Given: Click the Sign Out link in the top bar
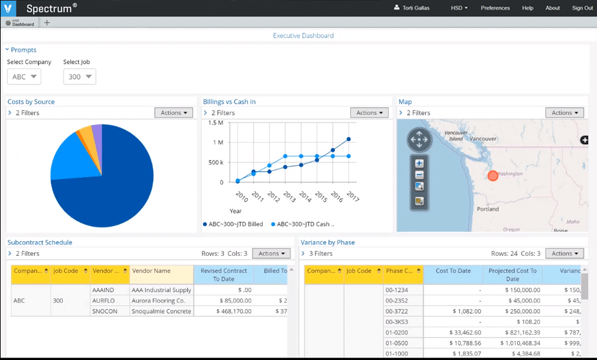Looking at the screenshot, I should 582,8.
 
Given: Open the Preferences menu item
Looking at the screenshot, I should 495,8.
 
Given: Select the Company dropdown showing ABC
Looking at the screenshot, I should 24,77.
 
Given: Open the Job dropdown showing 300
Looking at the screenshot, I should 79,77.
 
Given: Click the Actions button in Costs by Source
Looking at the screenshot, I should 173,113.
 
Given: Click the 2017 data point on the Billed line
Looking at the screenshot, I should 348,139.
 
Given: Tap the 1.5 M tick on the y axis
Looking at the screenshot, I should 216,123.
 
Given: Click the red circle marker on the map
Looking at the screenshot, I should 493,175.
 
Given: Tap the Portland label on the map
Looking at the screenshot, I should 487,209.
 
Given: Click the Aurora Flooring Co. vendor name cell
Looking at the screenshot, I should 158,300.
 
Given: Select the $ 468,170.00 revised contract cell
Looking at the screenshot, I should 223,311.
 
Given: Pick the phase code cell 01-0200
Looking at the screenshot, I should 397,331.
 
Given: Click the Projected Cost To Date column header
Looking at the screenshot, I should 513,274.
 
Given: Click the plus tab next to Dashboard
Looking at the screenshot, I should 47,23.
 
